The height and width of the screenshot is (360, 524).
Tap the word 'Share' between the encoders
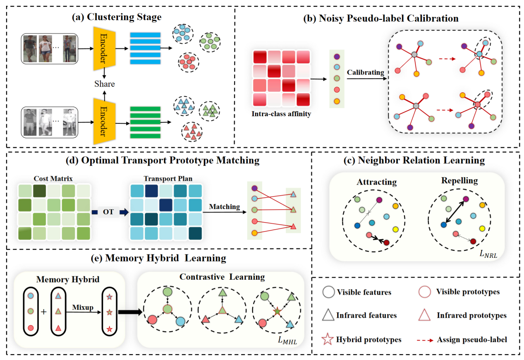(104, 84)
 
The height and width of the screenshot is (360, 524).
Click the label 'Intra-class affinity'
(281, 114)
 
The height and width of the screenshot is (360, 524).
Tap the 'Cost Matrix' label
(53, 178)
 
